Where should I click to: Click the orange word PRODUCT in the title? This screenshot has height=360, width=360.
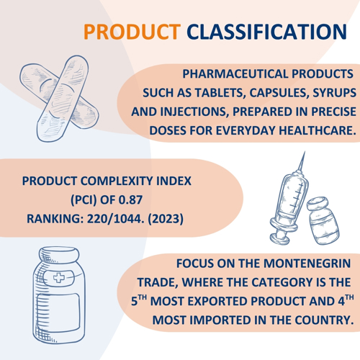coord(132,32)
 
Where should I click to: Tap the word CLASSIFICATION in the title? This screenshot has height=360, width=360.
coord(266,32)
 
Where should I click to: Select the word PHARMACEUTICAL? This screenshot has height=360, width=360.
coord(235,74)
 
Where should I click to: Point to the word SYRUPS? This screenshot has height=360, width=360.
coord(334,93)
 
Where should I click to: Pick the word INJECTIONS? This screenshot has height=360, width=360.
coord(194,112)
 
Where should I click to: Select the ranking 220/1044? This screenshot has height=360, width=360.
coord(116,219)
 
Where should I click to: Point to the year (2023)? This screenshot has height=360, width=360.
coord(166,219)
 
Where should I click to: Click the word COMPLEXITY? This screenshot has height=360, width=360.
coord(117,181)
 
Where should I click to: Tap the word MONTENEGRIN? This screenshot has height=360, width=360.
coord(307,264)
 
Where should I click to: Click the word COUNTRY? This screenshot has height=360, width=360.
coord(324,320)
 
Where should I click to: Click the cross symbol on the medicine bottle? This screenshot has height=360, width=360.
coord(59,278)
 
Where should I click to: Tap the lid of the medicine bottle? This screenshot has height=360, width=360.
coord(59,256)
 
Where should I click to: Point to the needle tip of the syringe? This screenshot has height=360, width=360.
coord(305,152)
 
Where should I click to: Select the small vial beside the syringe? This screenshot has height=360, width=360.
coord(323,221)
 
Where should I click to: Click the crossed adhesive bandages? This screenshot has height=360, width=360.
coord(59,99)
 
